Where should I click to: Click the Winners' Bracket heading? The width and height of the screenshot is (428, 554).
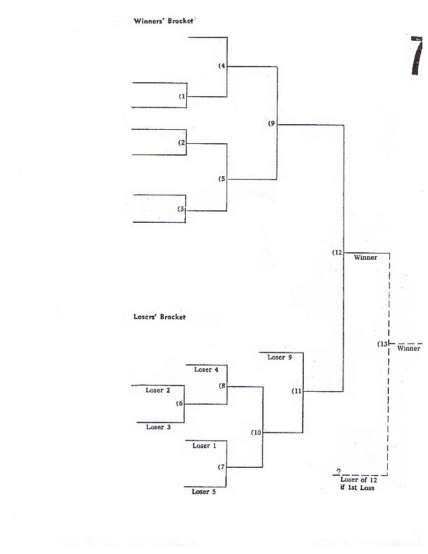click(x=163, y=21)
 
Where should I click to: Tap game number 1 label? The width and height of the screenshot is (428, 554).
click(x=182, y=96)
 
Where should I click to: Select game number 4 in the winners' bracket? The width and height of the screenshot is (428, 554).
click(x=222, y=66)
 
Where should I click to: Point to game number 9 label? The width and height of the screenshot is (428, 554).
click(x=272, y=124)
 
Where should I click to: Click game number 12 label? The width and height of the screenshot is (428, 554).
click(x=337, y=252)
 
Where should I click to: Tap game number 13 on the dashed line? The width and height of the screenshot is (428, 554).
click(x=383, y=344)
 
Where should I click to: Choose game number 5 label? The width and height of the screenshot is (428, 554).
click(x=222, y=179)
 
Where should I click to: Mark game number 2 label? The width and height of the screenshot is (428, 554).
click(x=182, y=143)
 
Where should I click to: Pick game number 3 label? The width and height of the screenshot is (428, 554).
click(x=181, y=209)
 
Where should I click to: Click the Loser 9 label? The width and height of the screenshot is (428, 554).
click(x=280, y=357)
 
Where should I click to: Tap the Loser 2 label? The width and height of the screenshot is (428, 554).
click(x=158, y=390)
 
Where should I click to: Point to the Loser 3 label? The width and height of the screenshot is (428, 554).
click(x=155, y=427)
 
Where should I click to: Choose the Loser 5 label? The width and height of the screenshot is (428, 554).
click(x=204, y=491)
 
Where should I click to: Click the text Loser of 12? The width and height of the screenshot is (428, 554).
click(x=359, y=480)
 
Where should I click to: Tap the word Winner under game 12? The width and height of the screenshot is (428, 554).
click(x=365, y=257)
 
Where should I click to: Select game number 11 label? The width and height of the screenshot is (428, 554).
click(x=297, y=391)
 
